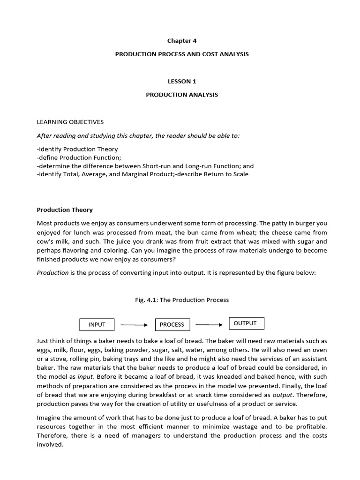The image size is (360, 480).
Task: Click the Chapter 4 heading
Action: click(182, 41)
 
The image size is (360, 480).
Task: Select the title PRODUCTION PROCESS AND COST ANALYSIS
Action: click(182, 54)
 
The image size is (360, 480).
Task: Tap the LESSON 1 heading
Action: click(182, 81)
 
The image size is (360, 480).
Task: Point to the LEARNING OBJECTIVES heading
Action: click(70, 122)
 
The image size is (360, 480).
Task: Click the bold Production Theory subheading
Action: click(65, 210)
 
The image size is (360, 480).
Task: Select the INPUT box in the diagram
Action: click(97, 324)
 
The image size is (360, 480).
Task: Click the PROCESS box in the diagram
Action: click(172, 324)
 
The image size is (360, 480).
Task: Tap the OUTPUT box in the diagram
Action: click(246, 323)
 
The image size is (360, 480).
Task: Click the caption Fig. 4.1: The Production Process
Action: click(182, 300)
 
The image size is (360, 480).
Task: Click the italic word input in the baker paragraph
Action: click(85, 376)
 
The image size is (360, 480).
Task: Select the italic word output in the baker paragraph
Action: click(282, 395)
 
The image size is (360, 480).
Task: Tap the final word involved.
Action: click(50, 444)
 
